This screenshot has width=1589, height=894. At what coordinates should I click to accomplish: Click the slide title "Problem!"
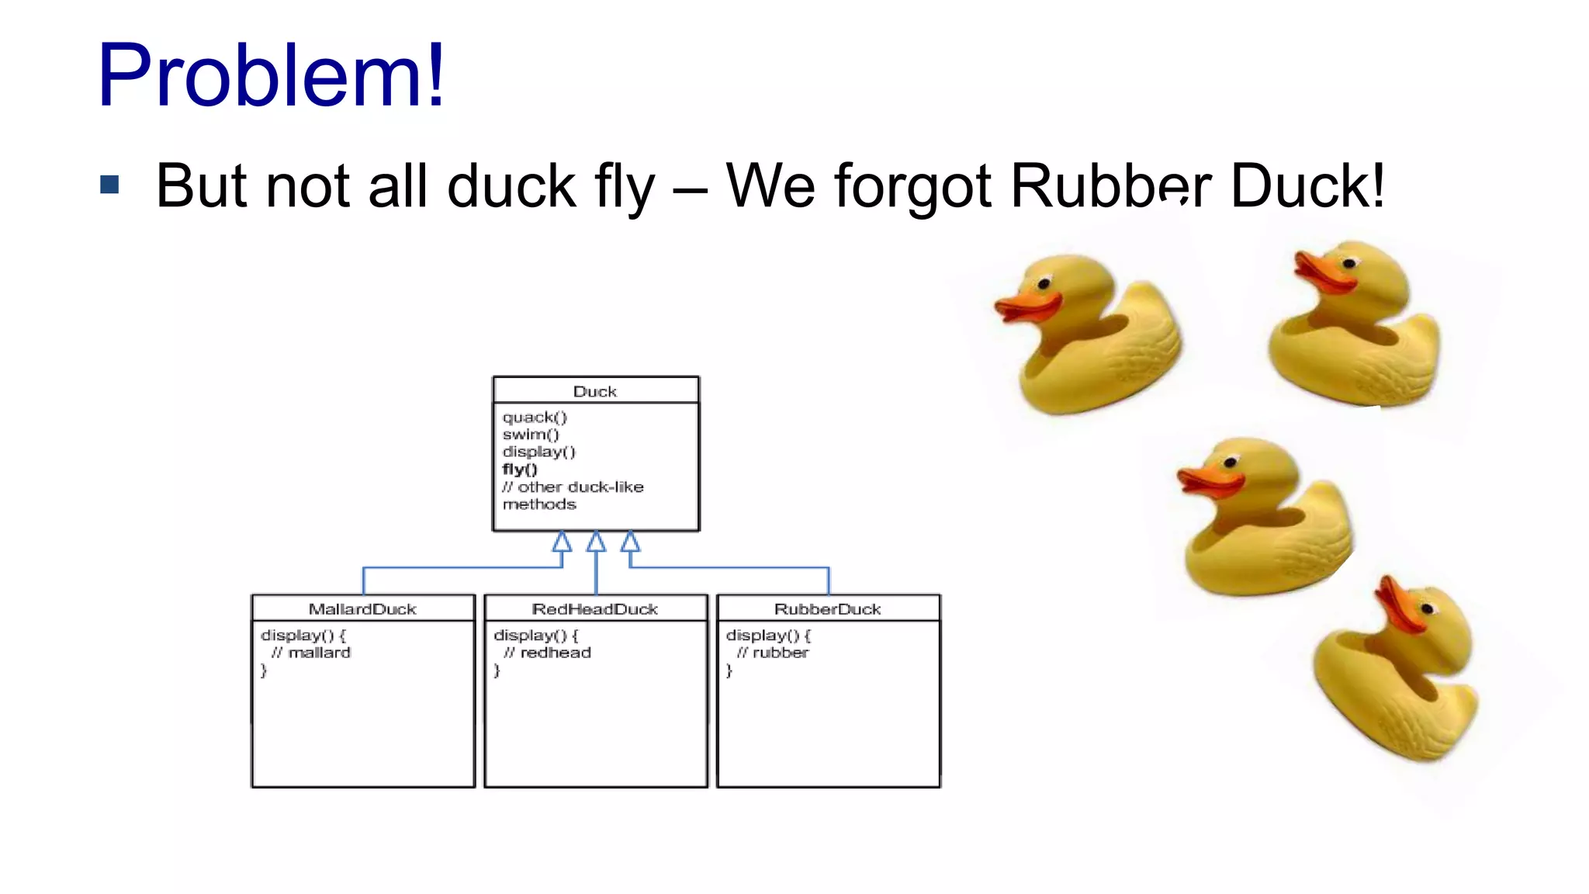pos(271,75)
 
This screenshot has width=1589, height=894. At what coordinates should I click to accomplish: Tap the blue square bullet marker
pos(109,185)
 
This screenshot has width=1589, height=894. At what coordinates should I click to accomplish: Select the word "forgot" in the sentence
pos(912,186)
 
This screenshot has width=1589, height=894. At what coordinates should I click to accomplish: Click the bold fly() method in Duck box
pos(520,470)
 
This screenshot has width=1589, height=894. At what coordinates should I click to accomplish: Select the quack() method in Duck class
pos(535,418)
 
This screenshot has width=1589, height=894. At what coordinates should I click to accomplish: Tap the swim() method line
pos(530,435)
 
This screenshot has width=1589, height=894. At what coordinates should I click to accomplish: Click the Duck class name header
pos(595,391)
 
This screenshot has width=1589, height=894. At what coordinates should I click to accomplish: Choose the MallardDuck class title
pos(362,609)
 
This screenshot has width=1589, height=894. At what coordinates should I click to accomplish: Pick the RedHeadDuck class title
pos(595,609)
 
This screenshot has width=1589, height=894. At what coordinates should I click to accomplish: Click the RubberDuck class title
pos(828,609)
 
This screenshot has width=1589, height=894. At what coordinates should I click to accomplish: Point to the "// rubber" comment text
pos(773,653)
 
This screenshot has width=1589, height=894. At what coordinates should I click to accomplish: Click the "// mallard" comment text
pos(311,653)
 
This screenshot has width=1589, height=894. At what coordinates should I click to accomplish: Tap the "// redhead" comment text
pos(548,653)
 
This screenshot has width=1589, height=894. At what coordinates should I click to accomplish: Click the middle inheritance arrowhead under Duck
pos(596,542)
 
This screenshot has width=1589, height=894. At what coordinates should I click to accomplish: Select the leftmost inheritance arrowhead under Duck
pos(562,542)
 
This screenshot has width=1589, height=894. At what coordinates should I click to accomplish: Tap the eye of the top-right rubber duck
pos(1349,263)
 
